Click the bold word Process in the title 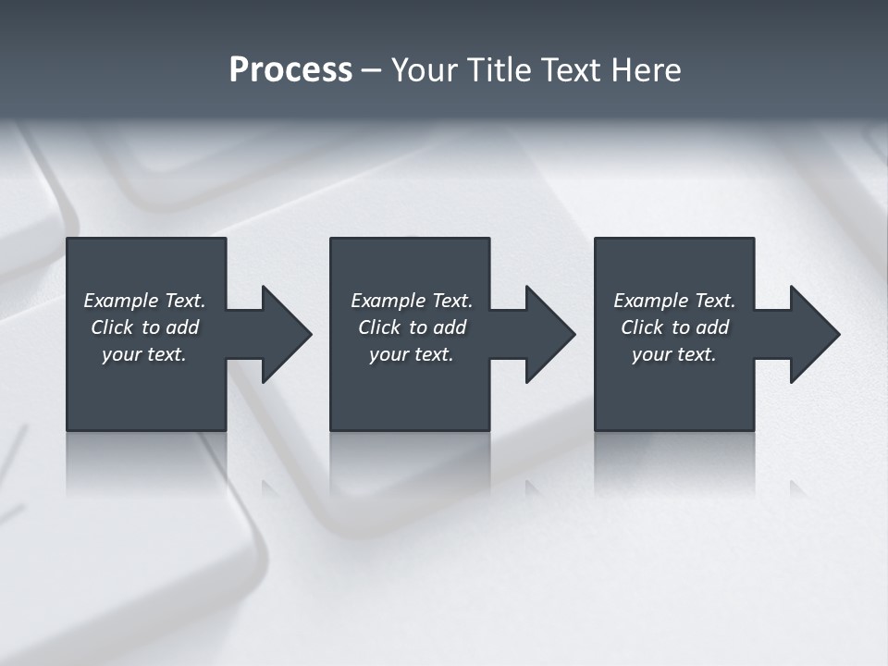(x=290, y=70)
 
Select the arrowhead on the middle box (x=549, y=334)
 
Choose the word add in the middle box (x=450, y=327)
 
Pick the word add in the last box (x=712, y=327)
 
